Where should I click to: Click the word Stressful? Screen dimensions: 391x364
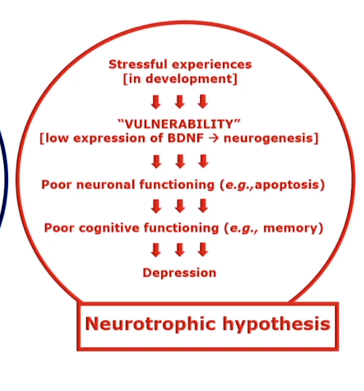(x=132, y=64)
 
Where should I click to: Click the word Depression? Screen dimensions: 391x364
(x=179, y=273)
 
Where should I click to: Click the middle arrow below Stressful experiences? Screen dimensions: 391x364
(x=179, y=102)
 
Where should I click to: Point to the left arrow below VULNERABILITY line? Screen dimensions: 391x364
(x=156, y=161)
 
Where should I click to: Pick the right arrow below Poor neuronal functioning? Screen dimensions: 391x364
(x=203, y=205)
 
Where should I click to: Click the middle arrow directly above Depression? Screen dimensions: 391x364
(x=179, y=250)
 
